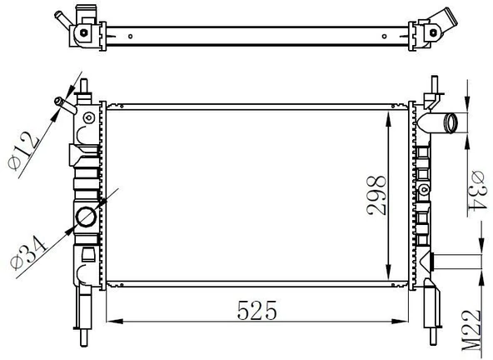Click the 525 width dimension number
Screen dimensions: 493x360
[256, 310]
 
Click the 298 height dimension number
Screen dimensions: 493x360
[376, 195]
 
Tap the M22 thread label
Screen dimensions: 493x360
[471, 330]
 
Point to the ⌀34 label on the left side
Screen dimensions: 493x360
[27, 254]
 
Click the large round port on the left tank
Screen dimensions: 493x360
[86, 217]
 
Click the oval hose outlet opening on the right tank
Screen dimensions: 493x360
[451, 122]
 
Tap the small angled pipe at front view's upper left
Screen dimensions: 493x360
[65, 106]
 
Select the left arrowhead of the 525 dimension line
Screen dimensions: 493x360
[115, 322]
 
